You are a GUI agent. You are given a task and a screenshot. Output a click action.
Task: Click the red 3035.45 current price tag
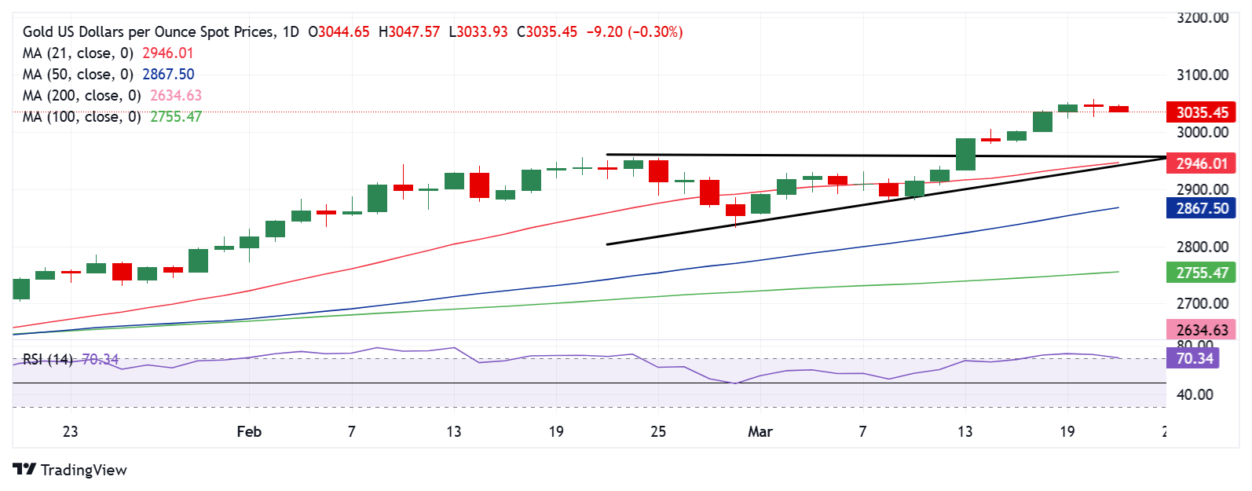[1201, 112]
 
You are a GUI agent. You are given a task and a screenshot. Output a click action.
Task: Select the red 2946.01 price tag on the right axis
[1201, 163]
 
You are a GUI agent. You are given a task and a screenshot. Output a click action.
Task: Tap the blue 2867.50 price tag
[1201, 208]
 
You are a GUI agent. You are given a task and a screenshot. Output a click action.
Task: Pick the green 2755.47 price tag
[1201, 273]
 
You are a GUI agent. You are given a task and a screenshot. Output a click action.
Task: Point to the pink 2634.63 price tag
[1201, 330]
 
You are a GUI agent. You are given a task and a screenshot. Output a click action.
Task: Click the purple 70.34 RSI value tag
[1194, 358]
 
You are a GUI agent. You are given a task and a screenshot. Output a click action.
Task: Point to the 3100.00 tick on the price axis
[1202, 75]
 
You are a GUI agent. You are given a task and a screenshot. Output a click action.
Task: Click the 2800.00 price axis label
[1202, 247]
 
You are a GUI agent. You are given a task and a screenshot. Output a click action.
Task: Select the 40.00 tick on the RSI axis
[1195, 394]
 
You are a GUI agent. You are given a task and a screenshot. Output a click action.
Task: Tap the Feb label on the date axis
[249, 431]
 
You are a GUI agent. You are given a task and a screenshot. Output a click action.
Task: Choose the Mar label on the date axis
[760, 431]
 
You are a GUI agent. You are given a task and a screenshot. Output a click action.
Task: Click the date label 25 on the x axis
[658, 431]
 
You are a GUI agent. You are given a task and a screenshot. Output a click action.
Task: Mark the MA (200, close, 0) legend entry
[82, 95]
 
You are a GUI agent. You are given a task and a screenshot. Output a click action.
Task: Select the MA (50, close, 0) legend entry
[78, 74]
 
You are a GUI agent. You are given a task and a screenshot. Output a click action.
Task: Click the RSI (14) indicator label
[47, 359]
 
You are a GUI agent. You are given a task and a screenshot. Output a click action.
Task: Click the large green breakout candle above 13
[965, 154]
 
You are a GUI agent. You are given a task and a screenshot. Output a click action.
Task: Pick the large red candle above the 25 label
[658, 171]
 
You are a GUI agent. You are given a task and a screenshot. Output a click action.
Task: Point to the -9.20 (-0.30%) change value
[634, 32]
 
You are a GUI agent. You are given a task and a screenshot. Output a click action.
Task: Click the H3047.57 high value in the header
[408, 32]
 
